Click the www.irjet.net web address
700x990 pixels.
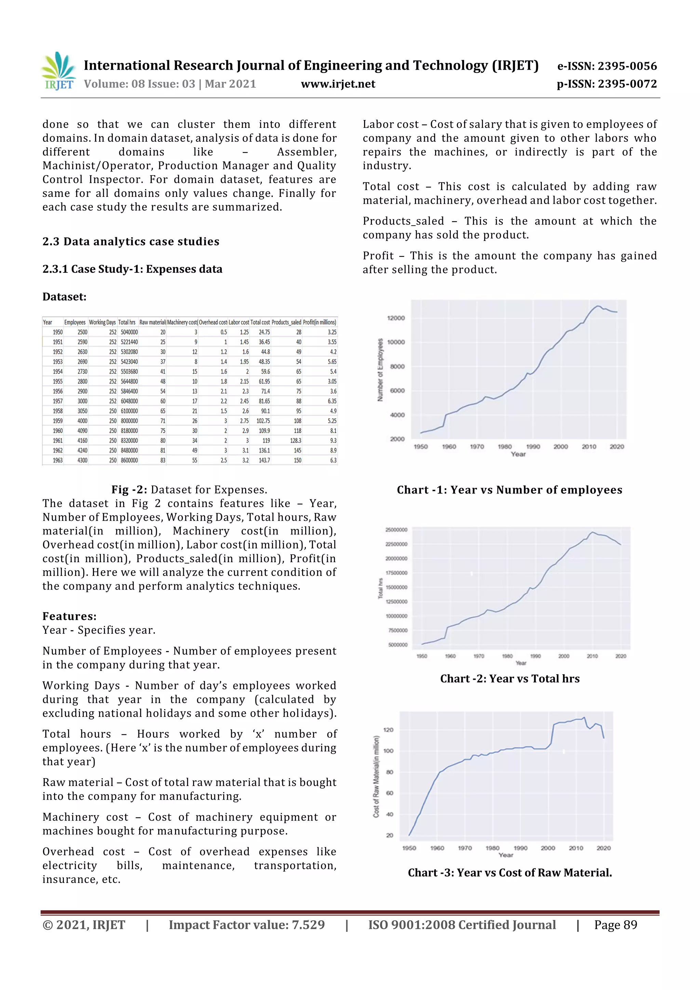pos(338,84)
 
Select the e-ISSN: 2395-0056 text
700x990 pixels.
pos(607,66)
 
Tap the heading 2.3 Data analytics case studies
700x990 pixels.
pos(131,242)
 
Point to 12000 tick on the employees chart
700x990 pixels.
pos(396,318)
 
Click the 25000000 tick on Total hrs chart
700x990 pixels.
pos(396,529)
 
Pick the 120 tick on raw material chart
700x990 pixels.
pos(388,730)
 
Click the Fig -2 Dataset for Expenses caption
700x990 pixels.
pos(189,489)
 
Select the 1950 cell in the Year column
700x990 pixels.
pos(57,332)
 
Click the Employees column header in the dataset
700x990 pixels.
pos(75,322)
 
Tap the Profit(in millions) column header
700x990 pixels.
pos(319,322)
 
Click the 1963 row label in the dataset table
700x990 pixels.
pos(57,460)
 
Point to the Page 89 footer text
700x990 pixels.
pos(616,924)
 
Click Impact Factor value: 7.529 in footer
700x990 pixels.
pos(246,924)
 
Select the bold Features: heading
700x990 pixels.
pos(69,616)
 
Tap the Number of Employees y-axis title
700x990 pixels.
pos(380,370)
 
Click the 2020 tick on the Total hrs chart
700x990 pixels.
pos(620,656)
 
